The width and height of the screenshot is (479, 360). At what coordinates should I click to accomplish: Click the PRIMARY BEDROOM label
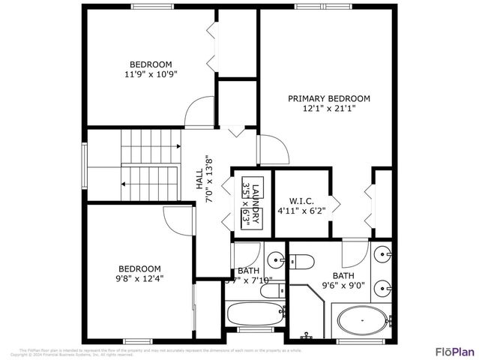pos(329,98)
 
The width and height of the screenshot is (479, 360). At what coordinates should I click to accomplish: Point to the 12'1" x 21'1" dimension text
pos(329,108)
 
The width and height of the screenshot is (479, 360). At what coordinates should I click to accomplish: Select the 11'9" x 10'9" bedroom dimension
pos(151,74)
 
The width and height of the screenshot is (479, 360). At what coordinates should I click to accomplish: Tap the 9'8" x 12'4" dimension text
pos(139,278)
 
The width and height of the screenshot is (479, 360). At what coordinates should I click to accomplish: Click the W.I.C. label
pos(301,201)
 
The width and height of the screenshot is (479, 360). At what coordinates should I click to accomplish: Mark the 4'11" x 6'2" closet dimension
pos(301,211)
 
